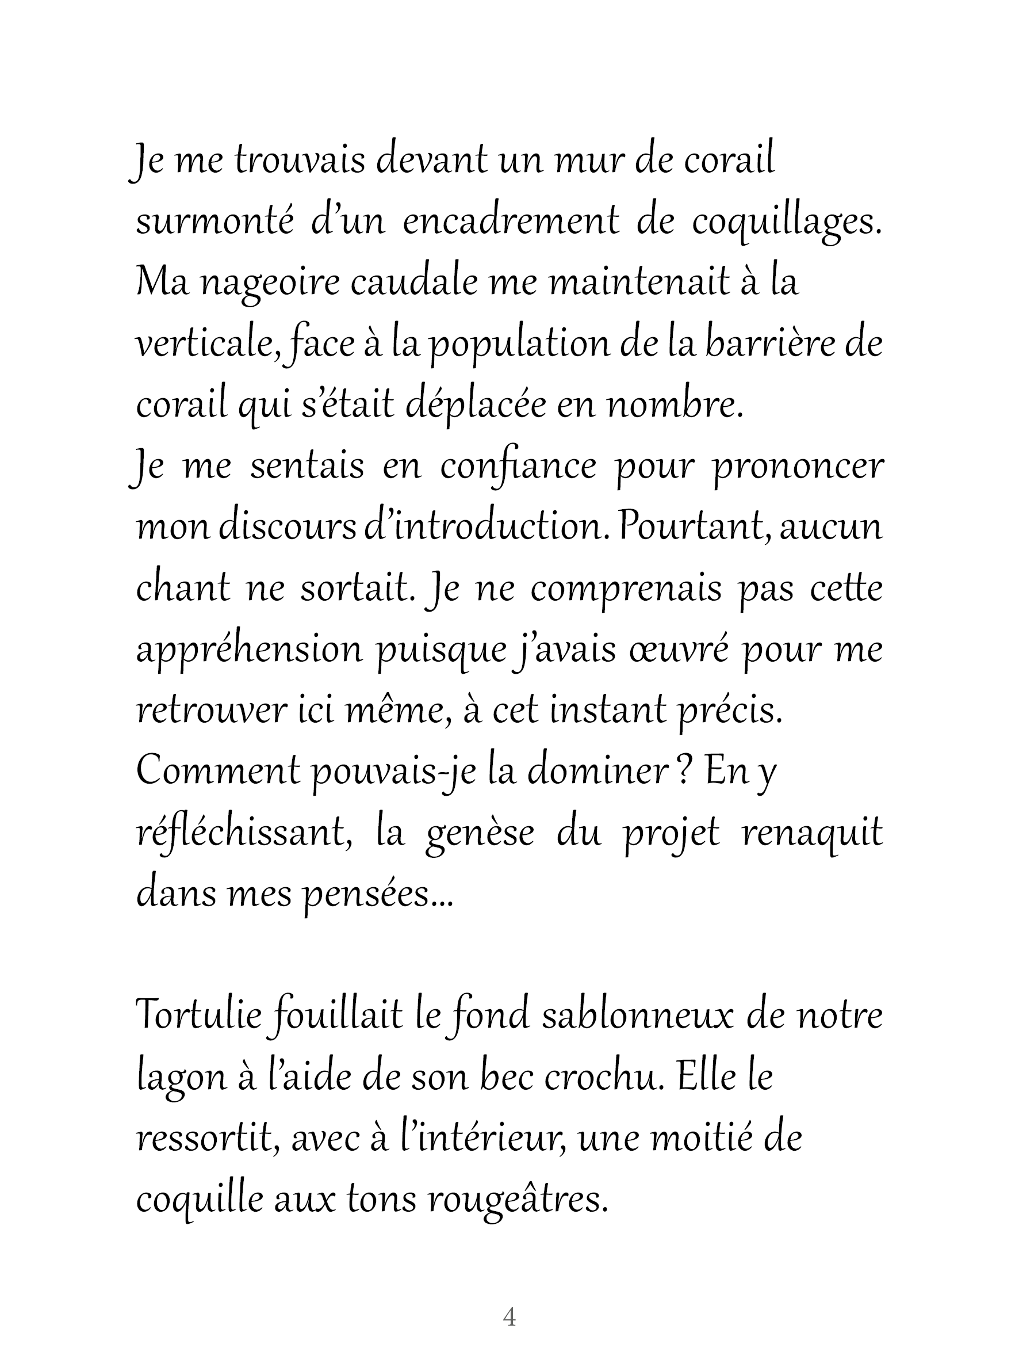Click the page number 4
point(509,1316)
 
